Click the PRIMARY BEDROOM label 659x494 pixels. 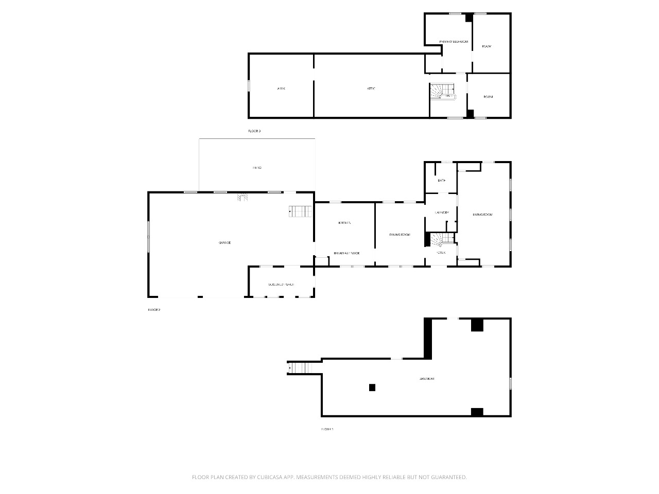point(454,41)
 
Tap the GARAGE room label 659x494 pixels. point(224,242)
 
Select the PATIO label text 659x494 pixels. point(257,168)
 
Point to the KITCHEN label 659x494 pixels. point(344,223)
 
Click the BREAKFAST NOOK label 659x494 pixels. point(346,253)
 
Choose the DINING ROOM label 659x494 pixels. point(400,235)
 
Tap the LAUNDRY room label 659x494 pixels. point(442,213)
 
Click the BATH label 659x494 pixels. point(441,181)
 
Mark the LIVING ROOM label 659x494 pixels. point(483,215)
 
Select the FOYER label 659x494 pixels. point(441,253)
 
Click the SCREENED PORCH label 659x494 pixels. point(281,285)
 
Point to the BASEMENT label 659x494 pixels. point(427,379)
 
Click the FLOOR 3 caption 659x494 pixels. point(254,131)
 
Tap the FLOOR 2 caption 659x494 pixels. point(154,310)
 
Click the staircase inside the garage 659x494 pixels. point(300,211)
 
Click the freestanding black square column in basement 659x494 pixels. point(372,387)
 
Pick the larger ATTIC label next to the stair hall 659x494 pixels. point(371,89)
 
